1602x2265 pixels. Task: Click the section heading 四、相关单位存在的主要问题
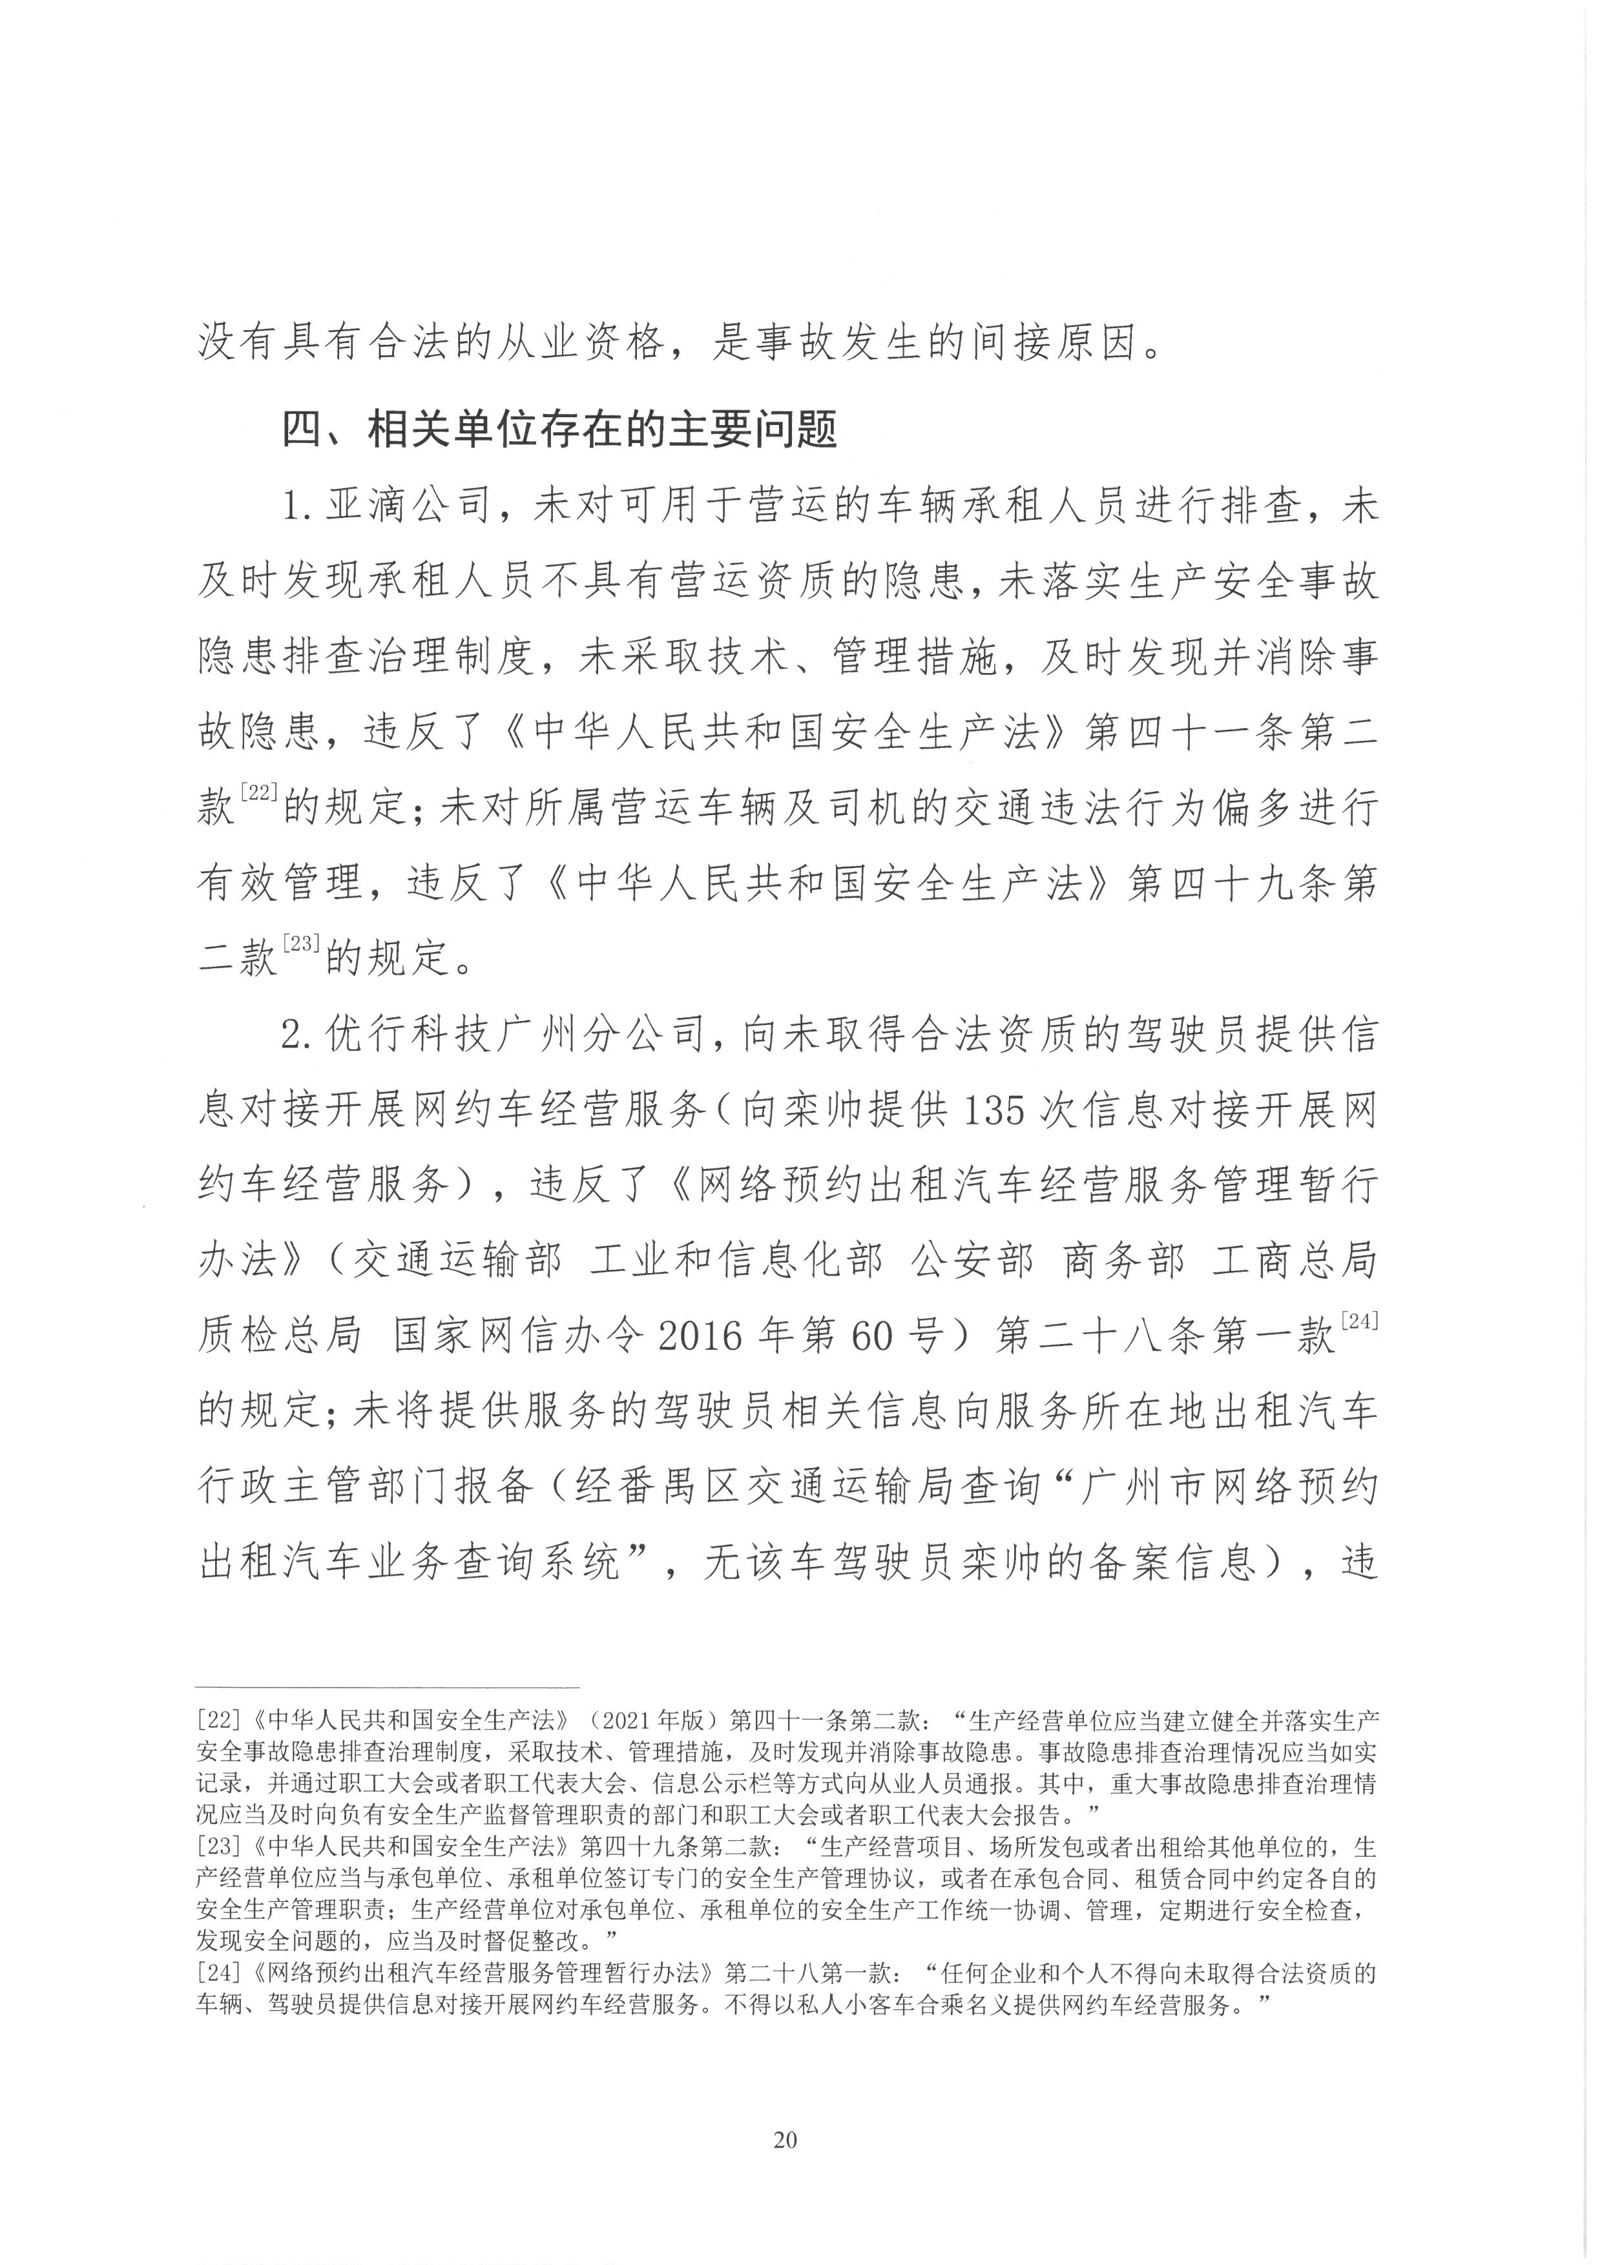pyautogui.click(x=560, y=431)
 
